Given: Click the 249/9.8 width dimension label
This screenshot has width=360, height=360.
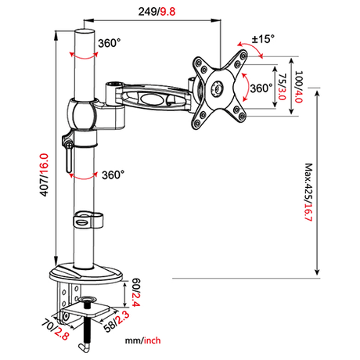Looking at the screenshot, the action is pos(157,12).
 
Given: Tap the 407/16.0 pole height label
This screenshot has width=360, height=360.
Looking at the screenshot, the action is pos(44,175).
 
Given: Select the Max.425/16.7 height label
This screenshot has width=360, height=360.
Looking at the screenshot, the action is pos(308,193).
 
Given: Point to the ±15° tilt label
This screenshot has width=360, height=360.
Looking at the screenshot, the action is pos(263,39).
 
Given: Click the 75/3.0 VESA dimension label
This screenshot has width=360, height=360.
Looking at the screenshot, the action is pos(283,87).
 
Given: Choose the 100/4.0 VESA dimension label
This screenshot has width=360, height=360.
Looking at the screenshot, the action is pos(298,87).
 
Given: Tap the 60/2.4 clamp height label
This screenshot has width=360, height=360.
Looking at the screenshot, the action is pos(136,293).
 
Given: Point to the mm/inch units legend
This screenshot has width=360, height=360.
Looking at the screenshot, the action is pos(142,340).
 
